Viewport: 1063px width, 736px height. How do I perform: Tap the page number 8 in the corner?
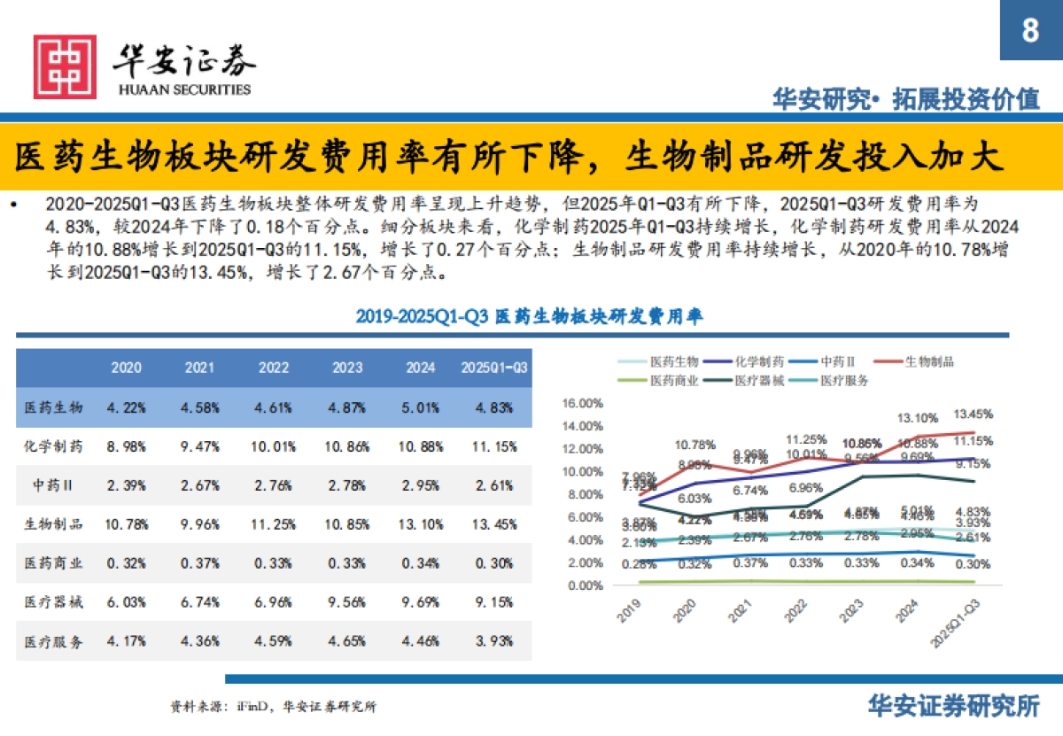[x=1030, y=31]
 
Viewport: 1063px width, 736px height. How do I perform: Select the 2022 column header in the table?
[x=275, y=368]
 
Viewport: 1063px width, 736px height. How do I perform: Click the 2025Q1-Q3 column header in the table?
[x=494, y=368]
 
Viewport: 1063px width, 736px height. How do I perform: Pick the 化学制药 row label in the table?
[x=53, y=446]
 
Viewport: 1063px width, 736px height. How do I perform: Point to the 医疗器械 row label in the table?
[x=53, y=602]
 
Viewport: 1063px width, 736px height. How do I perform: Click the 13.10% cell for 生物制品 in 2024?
[x=423, y=523]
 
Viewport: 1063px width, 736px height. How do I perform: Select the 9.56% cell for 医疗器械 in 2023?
[x=349, y=602]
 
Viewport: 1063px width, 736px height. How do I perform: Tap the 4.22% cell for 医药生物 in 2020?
[x=126, y=407]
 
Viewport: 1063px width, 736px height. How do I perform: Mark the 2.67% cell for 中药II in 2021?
[x=200, y=485]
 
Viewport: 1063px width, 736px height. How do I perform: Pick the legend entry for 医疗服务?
[x=844, y=380]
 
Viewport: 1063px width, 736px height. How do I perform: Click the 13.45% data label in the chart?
[x=972, y=414]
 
